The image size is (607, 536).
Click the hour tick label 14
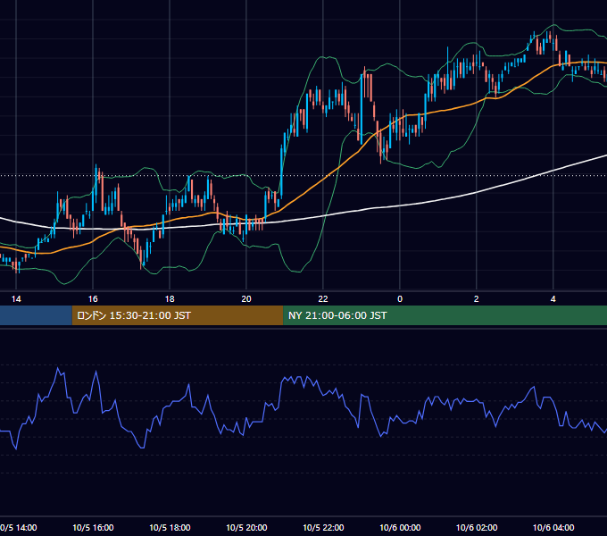[16, 299]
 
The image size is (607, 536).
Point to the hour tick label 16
[93, 299]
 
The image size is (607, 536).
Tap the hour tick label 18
[170, 299]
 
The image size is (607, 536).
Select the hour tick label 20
[246, 299]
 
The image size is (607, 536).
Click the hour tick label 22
[323, 299]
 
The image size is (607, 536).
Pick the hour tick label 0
[400, 299]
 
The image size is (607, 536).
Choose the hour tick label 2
[476, 299]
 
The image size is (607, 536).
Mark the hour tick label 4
[553, 299]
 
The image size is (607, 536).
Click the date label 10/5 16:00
[93, 527]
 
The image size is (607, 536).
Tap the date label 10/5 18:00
[170, 527]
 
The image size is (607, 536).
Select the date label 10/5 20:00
[246, 527]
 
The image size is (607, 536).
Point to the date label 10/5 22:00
[323, 527]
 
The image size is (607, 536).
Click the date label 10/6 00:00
[400, 527]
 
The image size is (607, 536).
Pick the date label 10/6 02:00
[477, 527]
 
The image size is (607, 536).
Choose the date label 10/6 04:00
[553, 527]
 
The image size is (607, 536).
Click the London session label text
[134, 315]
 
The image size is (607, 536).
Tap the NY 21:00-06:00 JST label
[337, 315]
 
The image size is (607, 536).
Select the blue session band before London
[36, 315]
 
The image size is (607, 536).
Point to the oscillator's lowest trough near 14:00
[16, 448]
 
